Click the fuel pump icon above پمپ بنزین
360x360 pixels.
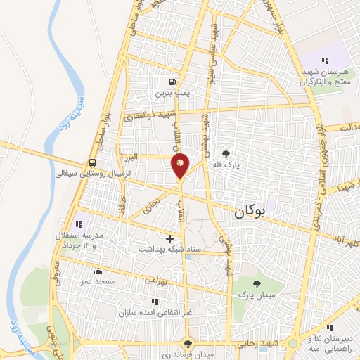click(x=172, y=81)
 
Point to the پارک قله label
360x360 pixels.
click(x=228, y=166)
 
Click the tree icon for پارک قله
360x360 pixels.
click(x=226, y=154)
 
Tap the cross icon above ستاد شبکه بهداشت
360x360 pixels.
click(x=169, y=238)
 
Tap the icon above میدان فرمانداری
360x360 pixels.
click(x=187, y=343)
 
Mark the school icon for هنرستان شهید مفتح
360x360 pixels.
click(x=324, y=60)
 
